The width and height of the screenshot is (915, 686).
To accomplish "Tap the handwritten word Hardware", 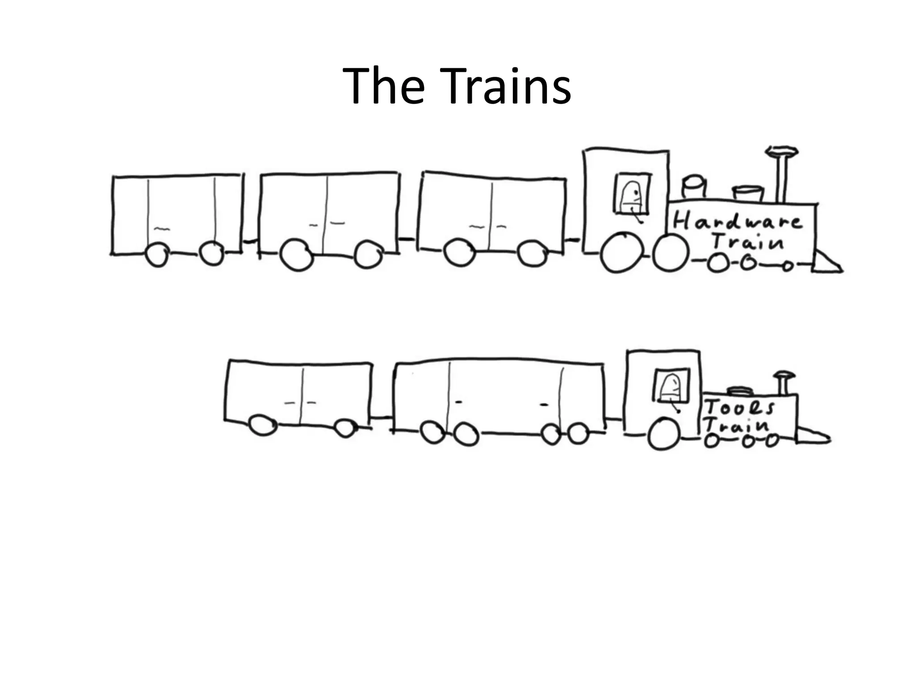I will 737,221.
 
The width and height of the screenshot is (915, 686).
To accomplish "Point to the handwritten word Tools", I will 739,406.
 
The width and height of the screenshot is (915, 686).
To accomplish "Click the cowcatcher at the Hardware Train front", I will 827,264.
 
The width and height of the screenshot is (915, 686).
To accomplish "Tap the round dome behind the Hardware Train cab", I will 693,187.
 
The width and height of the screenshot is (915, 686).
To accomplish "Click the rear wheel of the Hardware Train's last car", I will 157,255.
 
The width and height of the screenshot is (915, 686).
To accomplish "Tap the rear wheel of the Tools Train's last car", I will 263,424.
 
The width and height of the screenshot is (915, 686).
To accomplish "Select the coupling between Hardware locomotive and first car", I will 574,240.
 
